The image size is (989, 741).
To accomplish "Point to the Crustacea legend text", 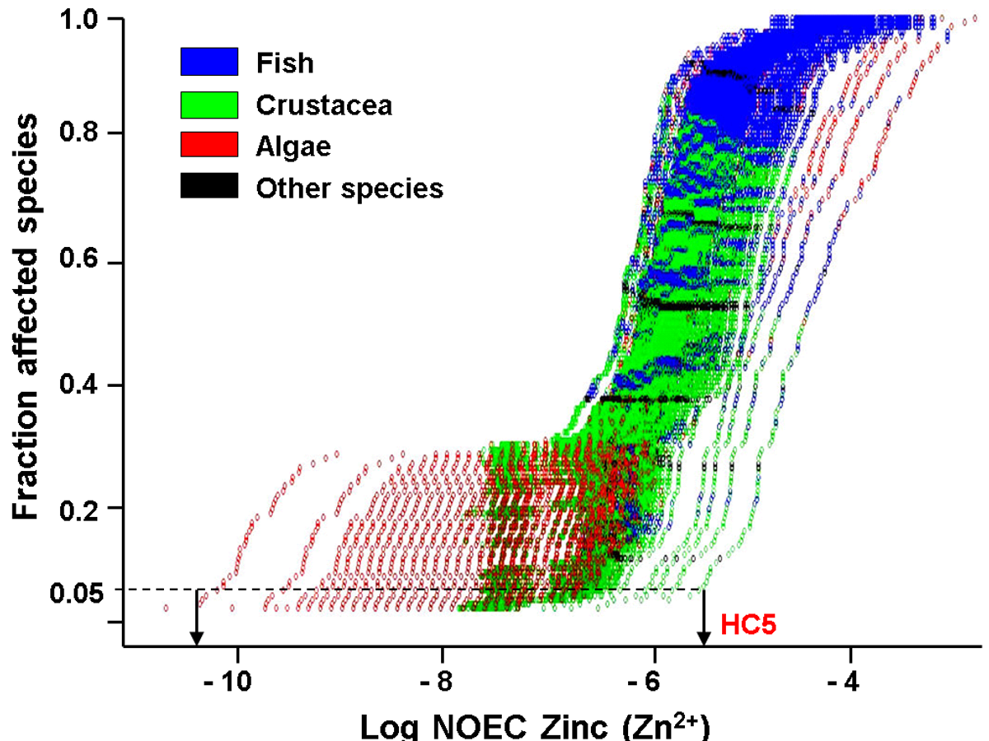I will pyautogui.click(x=323, y=105).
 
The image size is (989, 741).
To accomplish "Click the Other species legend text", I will pyautogui.click(x=349, y=189).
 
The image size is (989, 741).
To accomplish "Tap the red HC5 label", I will pyautogui.click(x=749, y=624).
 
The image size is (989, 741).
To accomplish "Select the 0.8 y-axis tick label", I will pyautogui.click(x=82, y=133).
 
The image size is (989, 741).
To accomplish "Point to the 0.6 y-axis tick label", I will pyautogui.click(x=82, y=263).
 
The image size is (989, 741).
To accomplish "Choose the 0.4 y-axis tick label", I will pyautogui.click(x=82, y=385).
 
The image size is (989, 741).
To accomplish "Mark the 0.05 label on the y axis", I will pyautogui.click(x=76, y=590).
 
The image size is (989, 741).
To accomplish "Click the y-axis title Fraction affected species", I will pyautogui.click(x=27, y=317).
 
